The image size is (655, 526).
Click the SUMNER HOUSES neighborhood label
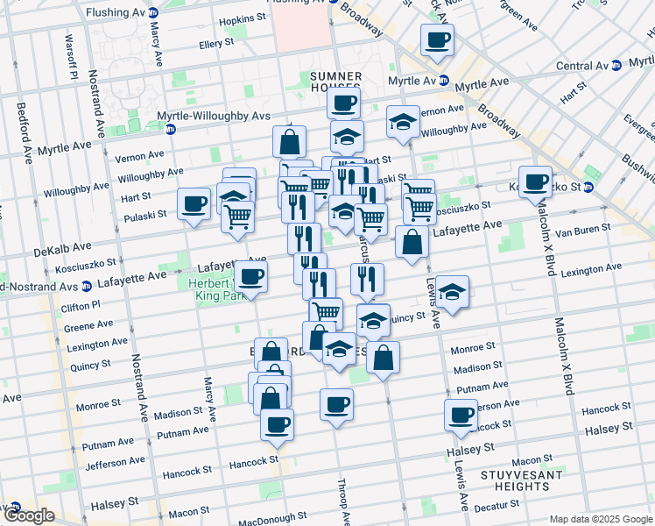[x=335, y=84]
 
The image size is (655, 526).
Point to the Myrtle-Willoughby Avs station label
[x=220, y=116]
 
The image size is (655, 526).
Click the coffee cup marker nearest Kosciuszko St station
[x=535, y=182]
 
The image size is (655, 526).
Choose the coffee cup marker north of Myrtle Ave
[x=437, y=39]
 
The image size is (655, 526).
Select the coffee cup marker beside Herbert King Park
[x=251, y=278]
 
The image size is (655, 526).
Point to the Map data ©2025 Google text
[x=601, y=518]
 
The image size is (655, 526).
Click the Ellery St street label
[x=216, y=43]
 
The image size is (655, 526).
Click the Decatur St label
[x=497, y=505]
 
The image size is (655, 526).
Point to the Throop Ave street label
[x=346, y=507]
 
